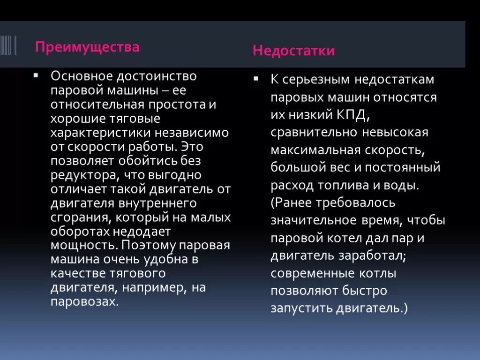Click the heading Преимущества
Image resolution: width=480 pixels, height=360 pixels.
[88, 47]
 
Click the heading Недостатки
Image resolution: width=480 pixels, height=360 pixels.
[294, 51]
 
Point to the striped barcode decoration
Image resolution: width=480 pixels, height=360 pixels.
[8, 45]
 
